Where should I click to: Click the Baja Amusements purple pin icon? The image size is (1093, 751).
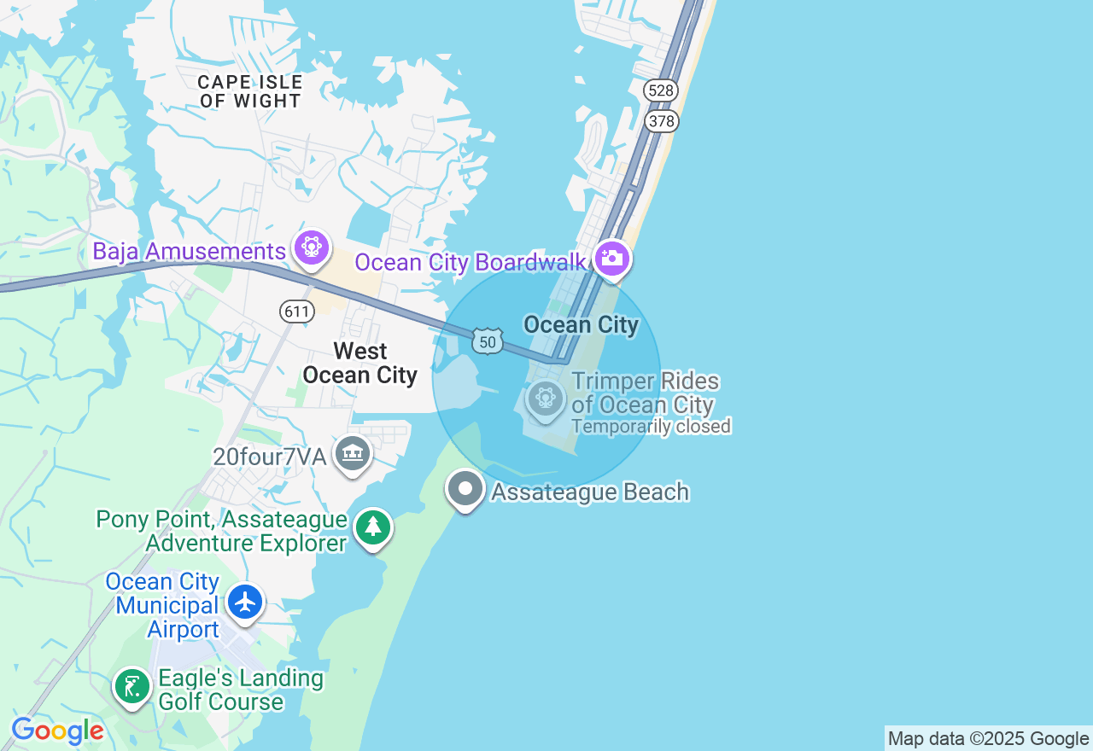click(312, 248)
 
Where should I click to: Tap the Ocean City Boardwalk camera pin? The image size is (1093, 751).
click(612, 259)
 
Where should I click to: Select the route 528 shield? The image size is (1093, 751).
click(661, 90)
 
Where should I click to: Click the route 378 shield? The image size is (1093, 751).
click(661, 121)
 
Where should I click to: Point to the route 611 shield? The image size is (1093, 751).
click(297, 311)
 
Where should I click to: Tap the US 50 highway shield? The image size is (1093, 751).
click(487, 341)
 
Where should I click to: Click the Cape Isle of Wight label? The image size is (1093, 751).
click(250, 91)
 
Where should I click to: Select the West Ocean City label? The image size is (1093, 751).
click(360, 364)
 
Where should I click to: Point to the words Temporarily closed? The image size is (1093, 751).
click(651, 426)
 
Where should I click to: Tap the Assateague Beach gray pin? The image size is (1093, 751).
click(465, 490)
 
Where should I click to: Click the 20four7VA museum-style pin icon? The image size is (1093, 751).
click(353, 454)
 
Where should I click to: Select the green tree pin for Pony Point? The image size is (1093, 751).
click(373, 527)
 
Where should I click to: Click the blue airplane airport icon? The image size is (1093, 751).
click(246, 603)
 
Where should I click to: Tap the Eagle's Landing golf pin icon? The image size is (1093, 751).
click(132, 686)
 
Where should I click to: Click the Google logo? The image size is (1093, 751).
click(57, 731)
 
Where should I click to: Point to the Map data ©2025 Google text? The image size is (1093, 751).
click(988, 739)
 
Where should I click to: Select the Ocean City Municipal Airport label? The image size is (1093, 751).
click(162, 606)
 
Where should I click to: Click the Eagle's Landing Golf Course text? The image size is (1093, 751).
click(241, 690)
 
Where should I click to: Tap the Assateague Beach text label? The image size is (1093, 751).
click(590, 492)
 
